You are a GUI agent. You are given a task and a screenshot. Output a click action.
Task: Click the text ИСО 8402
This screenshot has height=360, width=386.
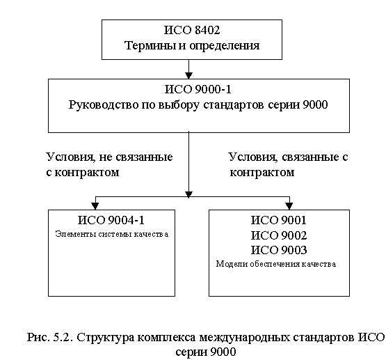click(x=192, y=30)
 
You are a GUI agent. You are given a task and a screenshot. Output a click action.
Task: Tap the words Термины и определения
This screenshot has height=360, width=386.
click(x=192, y=45)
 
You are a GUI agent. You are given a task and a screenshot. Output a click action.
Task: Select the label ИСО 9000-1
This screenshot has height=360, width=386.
click(x=198, y=89)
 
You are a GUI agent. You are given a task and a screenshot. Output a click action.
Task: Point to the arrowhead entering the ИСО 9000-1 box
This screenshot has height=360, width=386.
click(x=188, y=75)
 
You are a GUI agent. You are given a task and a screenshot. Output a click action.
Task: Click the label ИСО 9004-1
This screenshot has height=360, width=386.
click(x=111, y=220)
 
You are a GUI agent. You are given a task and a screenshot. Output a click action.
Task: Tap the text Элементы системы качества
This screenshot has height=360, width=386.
click(x=112, y=234)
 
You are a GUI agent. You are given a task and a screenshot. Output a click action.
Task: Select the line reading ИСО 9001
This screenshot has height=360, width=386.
click(x=279, y=220)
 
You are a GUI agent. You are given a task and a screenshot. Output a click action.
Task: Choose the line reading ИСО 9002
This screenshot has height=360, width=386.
click(x=279, y=235)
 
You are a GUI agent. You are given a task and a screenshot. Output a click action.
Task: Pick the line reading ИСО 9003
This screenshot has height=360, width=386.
click(x=279, y=250)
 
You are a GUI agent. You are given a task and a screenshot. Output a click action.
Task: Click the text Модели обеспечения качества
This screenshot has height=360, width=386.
click(x=276, y=264)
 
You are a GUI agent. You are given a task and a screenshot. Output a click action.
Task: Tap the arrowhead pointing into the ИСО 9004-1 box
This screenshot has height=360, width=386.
click(x=95, y=206)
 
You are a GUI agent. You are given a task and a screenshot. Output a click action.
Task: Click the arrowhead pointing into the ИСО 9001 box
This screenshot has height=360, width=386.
click(x=289, y=206)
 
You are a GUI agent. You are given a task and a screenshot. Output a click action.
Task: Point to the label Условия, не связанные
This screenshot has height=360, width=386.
click(x=110, y=157)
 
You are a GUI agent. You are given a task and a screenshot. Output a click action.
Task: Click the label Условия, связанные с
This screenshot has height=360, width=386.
click(x=288, y=157)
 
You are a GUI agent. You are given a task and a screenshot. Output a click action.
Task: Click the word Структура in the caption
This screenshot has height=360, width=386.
click(x=105, y=338)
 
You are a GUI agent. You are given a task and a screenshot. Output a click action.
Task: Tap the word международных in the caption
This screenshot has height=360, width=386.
click(x=244, y=338)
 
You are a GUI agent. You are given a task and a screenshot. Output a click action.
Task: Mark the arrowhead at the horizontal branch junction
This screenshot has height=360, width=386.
click(x=188, y=195)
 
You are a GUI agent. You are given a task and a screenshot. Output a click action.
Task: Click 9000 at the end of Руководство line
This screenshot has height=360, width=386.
click(x=315, y=104)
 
